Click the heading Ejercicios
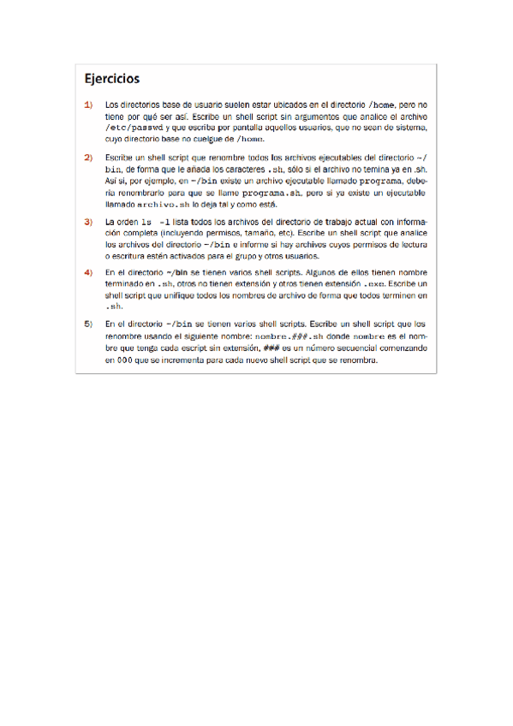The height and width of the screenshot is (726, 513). pos(111,79)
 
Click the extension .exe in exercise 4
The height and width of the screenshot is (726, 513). pos(376,283)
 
